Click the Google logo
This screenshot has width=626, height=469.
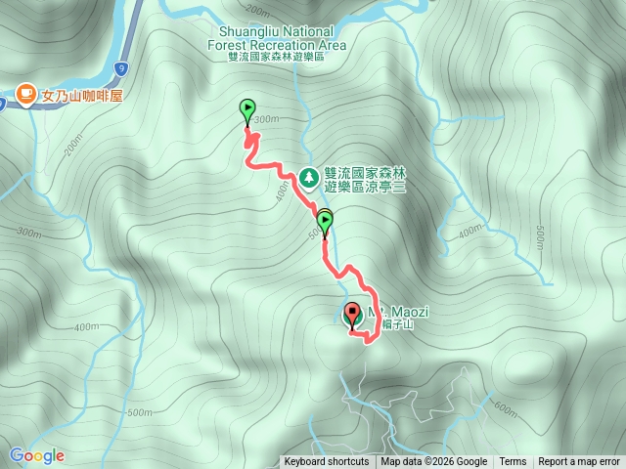point(37,455)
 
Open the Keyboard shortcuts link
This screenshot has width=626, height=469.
point(327,462)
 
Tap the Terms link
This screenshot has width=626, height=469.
point(513,462)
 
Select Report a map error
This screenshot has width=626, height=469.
point(579,462)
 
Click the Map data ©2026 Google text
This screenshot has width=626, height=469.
point(434,462)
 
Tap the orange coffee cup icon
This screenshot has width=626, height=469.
point(25,95)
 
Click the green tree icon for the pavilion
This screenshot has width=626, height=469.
point(309,178)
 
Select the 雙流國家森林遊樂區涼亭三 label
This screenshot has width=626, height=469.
point(364,179)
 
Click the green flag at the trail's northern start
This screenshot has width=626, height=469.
point(246,109)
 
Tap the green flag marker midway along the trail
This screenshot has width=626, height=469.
point(325,221)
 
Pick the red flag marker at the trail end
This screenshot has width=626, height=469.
point(353,315)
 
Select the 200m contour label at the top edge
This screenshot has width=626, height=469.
point(257,10)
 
